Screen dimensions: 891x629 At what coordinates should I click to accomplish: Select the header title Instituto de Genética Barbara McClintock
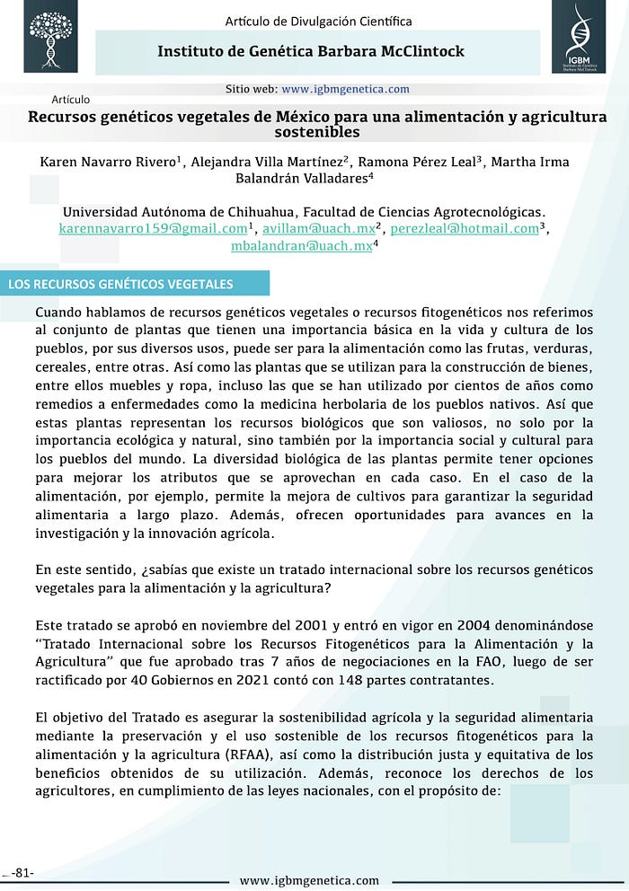311,51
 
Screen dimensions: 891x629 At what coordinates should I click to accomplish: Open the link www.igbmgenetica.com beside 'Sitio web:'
345,89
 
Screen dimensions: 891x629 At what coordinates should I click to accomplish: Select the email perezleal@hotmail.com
465,228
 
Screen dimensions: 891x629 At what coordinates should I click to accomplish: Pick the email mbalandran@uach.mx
301,245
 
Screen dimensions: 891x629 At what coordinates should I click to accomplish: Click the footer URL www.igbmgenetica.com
309,879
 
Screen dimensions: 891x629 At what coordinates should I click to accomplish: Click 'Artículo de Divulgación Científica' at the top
318,21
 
